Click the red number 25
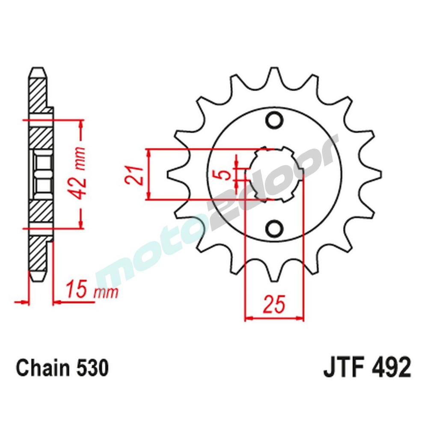[274, 305]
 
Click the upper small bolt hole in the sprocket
[274, 120]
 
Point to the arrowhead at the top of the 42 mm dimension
[80, 125]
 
